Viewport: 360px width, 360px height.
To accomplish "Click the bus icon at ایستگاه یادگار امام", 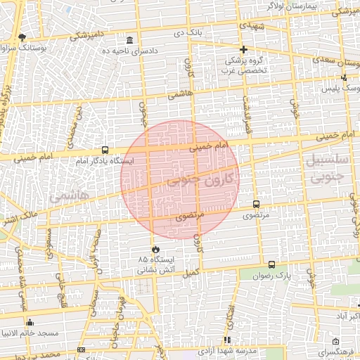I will click(x=105, y=150).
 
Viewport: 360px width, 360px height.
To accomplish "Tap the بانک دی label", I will click(x=190, y=33).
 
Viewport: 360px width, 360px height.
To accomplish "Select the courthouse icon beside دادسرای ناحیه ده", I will click(x=129, y=39).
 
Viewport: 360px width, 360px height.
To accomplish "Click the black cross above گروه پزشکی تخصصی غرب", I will click(x=243, y=49).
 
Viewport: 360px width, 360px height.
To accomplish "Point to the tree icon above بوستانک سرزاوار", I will click(x=22, y=37).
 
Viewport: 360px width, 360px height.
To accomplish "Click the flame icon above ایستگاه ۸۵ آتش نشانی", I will click(x=155, y=250).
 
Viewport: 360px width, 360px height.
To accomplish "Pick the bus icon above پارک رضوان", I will click(x=271, y=264).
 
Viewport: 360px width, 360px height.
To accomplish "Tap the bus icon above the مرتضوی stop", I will click(x=255, y=204).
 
